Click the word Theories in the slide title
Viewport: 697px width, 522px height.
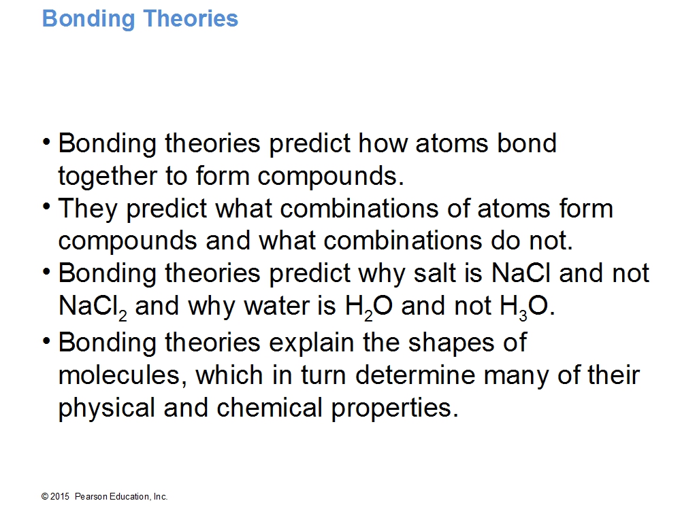click(x=191, y=18)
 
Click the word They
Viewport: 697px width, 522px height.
click(x=88, y=209)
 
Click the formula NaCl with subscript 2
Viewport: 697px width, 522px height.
click(x=93, y=307)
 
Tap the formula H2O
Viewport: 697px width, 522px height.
click(x=368, y=307)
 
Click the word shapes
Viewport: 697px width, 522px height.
click(x=451, y=343)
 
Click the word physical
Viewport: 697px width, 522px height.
click(x=107, y=408)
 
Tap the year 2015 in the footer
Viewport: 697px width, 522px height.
click(x=60, y=497)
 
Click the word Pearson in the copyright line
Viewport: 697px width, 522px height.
click(x=91, y=497)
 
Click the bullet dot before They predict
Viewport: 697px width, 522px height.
click(x=46, y=207)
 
